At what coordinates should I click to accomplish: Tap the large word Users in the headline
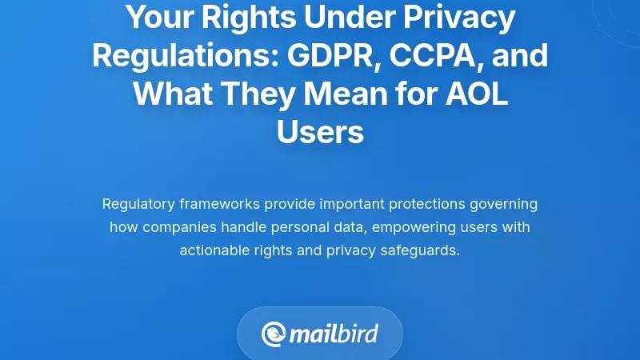[x=320, y=132]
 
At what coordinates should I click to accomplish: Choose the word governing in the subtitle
[x=503, y=204]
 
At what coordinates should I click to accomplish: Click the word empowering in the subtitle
[x=412, y=227]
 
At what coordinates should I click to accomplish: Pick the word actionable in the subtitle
[x=214, y=250]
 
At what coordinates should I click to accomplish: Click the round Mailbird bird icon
[x=273, y=334]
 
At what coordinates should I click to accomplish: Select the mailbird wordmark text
[x=334, y=334]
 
